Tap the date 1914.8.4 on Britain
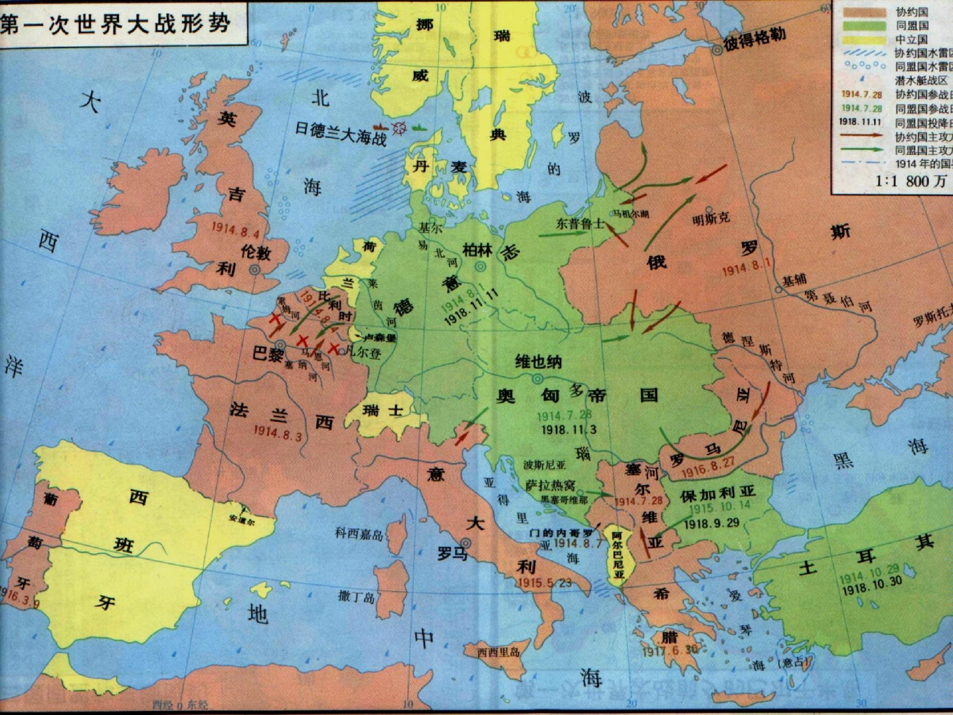click(x=235, y=231)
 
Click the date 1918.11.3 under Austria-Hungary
click(x=569, y=429)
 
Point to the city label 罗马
click(x=452, y=553)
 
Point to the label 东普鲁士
click(x=580, y=224)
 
